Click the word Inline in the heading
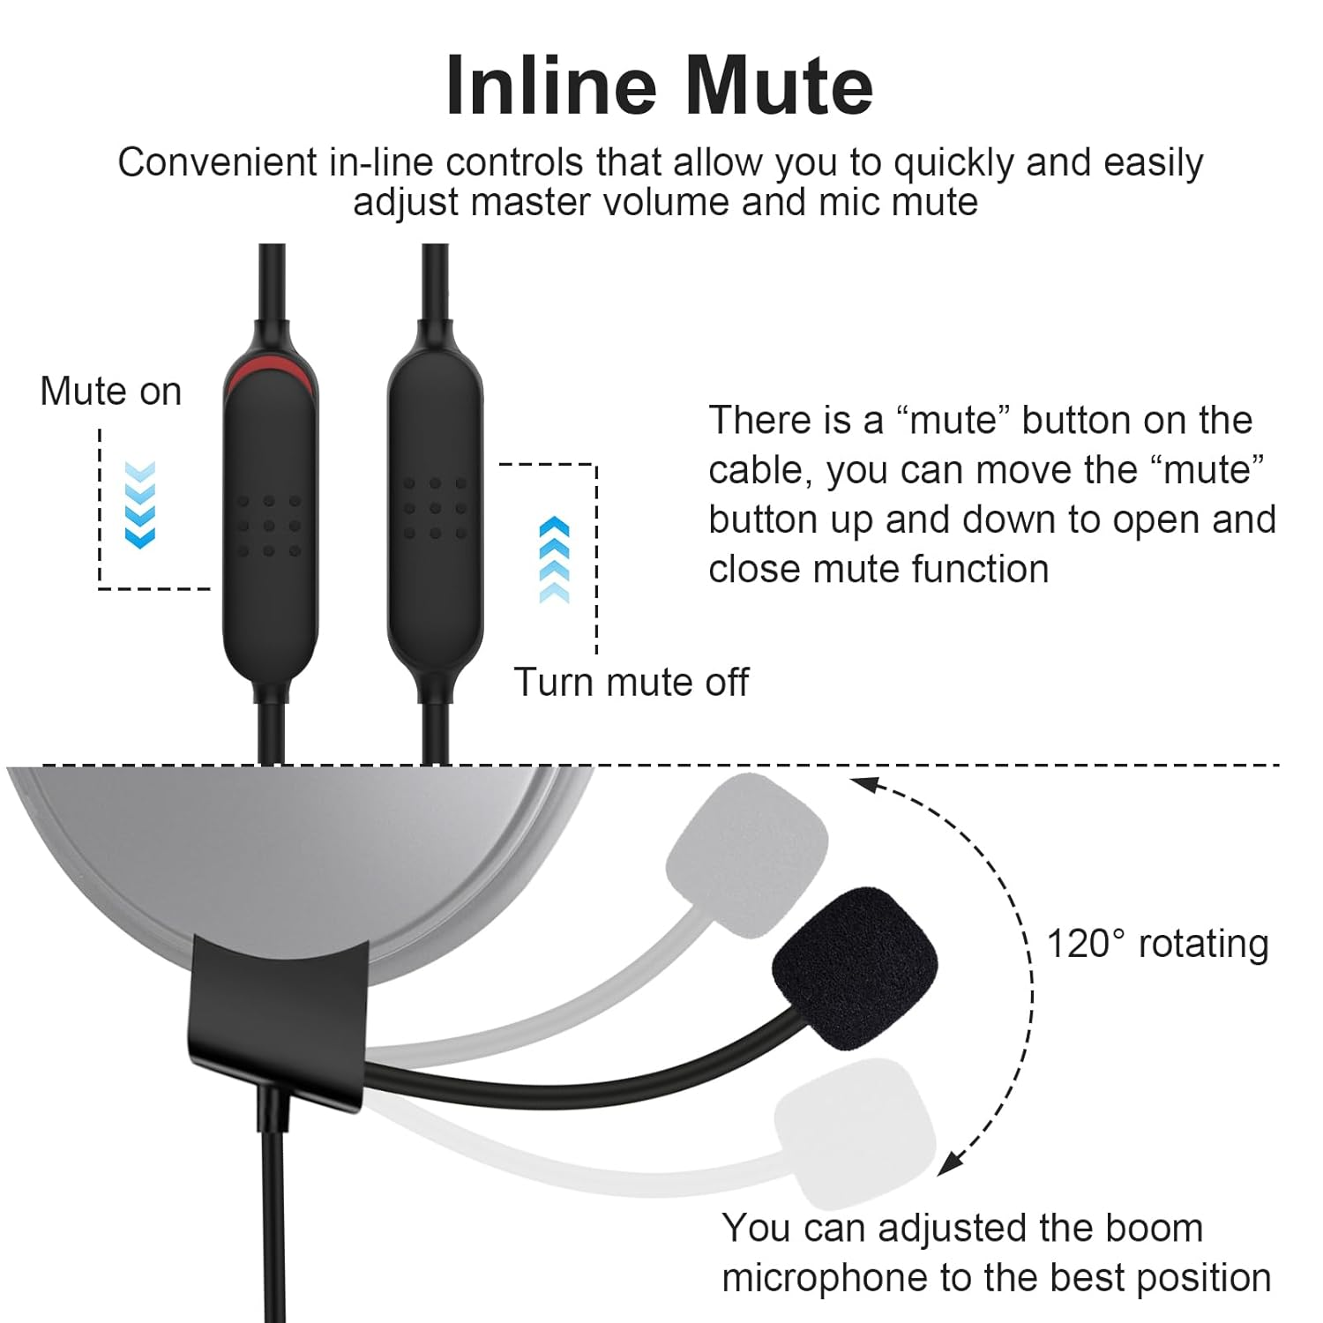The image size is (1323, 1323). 551,86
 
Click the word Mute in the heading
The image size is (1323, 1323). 778,86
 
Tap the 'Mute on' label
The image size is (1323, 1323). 111,391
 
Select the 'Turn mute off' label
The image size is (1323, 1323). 631,682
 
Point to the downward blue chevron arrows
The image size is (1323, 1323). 140,505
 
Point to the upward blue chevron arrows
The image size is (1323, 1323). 554,559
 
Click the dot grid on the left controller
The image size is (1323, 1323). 269,526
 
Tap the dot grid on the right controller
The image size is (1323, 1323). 435,508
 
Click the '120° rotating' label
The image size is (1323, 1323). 1157,943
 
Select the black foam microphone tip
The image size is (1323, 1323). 854,968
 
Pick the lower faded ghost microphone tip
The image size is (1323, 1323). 854,1132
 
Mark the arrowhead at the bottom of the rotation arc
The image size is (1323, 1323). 948,1165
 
